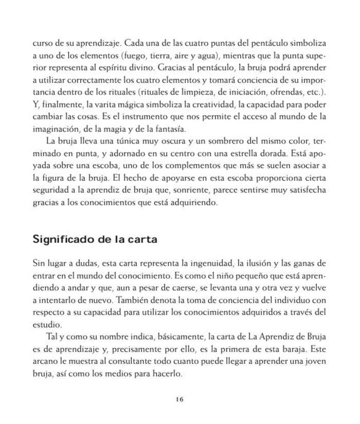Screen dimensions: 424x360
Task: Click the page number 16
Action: (x=179, y=399)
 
